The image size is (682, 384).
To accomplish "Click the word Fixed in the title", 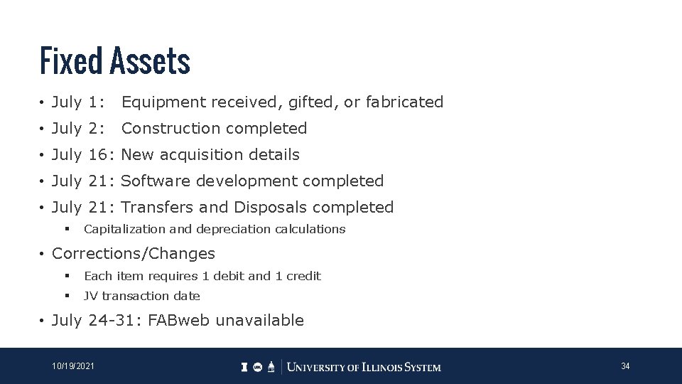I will [71, 60].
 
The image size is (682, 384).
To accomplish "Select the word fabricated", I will [404, 102].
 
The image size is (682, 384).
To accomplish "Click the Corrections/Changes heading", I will [134, 254].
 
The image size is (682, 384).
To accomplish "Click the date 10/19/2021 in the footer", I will [72, 366].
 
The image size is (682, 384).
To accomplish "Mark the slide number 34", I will [625, 366].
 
